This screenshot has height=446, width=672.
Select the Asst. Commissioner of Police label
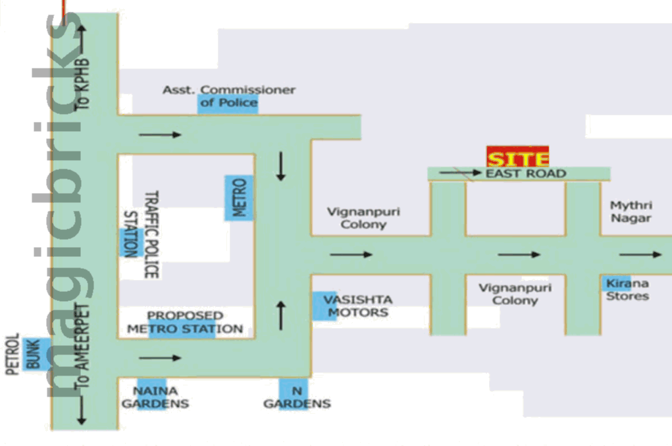[229, 96]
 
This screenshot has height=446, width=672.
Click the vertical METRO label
[239, 198]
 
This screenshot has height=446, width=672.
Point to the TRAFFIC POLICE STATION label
[141, 234]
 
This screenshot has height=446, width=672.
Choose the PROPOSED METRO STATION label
[185, 322]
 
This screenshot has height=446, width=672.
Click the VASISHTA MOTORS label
[357, 306]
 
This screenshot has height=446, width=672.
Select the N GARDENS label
[297, 397]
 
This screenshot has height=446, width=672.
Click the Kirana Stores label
[627, 290]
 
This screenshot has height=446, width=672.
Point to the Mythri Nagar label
[631, 212]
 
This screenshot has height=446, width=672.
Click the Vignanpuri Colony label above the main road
[363, 218]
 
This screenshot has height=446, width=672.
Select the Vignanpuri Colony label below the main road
[515, 294]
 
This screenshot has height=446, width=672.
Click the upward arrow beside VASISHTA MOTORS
[281, 315]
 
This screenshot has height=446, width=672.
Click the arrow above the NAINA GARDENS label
[160, 358]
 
